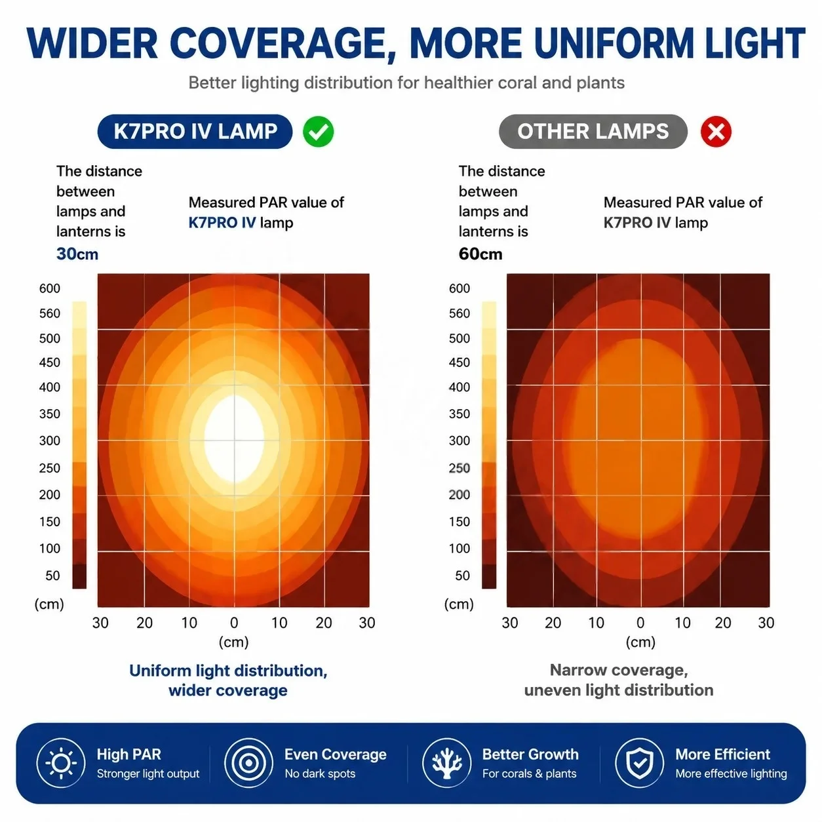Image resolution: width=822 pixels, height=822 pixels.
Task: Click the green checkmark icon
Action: coord(318,131)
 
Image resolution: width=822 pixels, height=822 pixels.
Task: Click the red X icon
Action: coord(715,131)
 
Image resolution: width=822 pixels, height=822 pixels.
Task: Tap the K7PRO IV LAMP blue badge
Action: coord(195,131)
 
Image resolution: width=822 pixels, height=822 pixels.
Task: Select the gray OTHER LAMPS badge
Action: coord(593,131)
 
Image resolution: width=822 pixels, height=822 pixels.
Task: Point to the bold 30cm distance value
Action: coord(77,254)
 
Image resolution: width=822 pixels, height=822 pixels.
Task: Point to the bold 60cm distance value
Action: coord(480,254)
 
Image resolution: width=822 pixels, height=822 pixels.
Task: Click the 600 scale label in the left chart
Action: coord(49,288)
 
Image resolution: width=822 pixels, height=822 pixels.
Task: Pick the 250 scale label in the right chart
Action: coord(459,468)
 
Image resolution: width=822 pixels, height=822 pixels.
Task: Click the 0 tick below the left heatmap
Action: coord(234,623)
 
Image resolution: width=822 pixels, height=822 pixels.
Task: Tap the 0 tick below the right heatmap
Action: coord(640,623)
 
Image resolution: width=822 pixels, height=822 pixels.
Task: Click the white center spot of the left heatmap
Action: coord(234,439)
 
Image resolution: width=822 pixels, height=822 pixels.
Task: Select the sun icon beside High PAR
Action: coord(61,763)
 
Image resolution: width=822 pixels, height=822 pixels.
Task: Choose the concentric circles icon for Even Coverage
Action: coord(248,763)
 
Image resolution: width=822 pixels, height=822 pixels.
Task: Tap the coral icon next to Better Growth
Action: coord(446,763)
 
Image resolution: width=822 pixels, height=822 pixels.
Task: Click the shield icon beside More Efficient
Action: coord(639,763)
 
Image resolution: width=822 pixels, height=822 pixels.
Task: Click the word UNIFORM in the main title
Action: coord(614,43)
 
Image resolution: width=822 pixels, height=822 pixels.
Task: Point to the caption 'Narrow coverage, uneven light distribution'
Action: coord(619,680)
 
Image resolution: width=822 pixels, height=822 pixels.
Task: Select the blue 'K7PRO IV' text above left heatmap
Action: coord(222,222)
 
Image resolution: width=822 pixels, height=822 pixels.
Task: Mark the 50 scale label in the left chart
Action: coord(52,576)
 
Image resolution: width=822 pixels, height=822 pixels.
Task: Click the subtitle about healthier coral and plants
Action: coord(406,83)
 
